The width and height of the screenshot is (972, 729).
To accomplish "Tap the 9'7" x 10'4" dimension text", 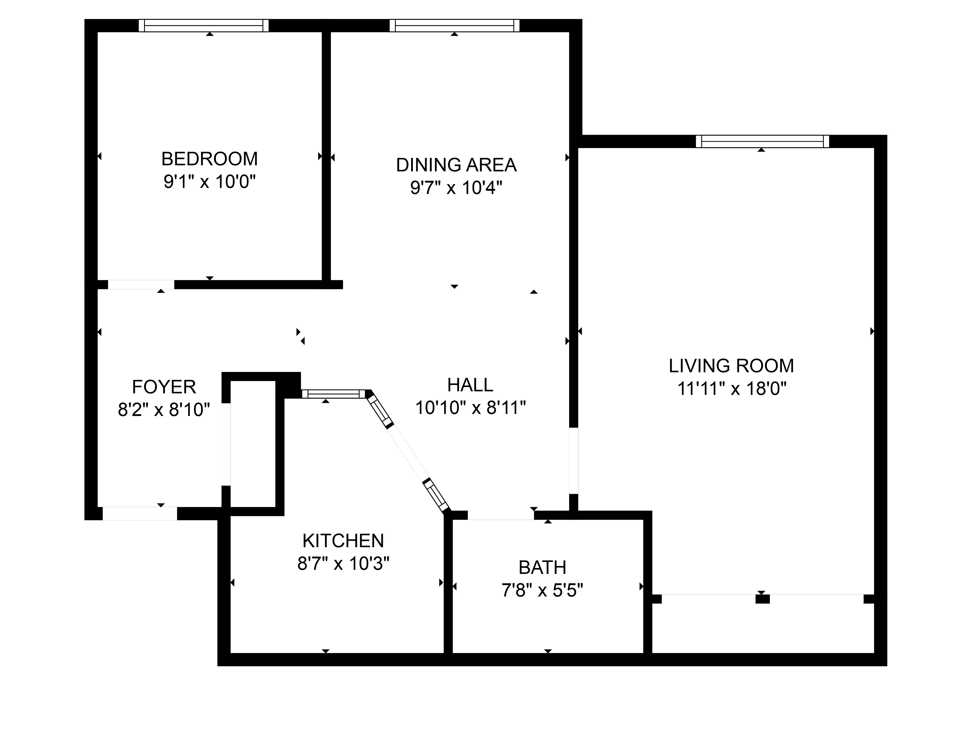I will tap(456, 188).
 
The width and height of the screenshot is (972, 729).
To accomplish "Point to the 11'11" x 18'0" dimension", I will tap(731, 389).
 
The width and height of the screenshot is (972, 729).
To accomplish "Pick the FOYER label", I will tap(164, 387).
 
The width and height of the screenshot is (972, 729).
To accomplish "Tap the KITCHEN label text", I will tap(343, 541).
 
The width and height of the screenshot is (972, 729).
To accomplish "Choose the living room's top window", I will tap(762, 141).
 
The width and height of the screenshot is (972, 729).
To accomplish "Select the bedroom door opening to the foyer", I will tap(141, 285).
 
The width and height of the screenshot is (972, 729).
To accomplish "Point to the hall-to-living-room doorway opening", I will tap(573, 460).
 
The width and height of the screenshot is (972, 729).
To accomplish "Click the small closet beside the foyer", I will tap(253, 444).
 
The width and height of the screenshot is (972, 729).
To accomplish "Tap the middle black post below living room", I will tap(762, 599).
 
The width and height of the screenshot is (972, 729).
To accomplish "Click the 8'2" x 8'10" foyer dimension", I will tap(164, 410).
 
